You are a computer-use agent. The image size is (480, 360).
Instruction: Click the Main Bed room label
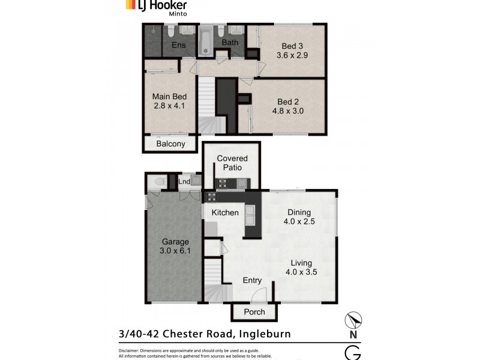click(169, 97)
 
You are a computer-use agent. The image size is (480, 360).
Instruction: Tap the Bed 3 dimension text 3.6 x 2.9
click(292, 55)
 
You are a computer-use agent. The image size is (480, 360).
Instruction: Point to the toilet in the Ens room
click(170, 31)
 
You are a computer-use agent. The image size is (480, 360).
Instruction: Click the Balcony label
click(170, 144)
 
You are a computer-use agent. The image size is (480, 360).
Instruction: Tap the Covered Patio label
click(232, 163)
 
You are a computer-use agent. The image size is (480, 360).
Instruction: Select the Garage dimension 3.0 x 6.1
click(175, 251)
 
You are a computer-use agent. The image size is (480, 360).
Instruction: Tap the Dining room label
click(299, 212)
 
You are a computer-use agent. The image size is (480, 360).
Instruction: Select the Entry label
click(252, 280)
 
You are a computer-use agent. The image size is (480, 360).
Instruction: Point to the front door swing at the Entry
click(259, 295)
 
